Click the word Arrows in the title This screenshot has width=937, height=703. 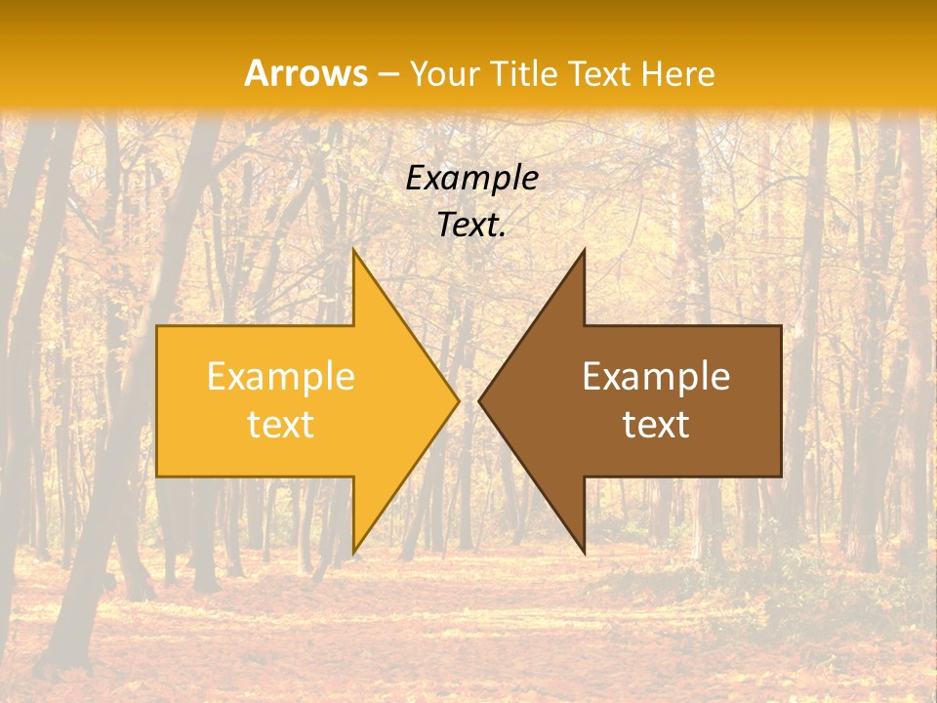[x=306, y=73]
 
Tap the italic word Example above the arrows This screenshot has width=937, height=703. [x=471, y=178]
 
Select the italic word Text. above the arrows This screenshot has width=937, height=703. [x=471, y=226]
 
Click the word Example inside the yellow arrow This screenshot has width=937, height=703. [x=280, y=377]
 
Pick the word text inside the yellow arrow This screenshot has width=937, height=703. [x=280, y=424]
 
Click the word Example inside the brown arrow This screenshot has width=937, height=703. [x=656, y=377]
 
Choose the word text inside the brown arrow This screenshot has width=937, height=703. [x=656, y=424]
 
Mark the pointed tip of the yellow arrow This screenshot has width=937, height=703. [x=459, y=400]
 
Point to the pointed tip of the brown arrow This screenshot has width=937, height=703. [x=479, y=400]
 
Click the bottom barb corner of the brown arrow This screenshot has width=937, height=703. [x=584, y=554]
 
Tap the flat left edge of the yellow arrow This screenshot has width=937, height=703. [x=157, y=400]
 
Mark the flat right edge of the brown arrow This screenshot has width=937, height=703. [x=781, y=400]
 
